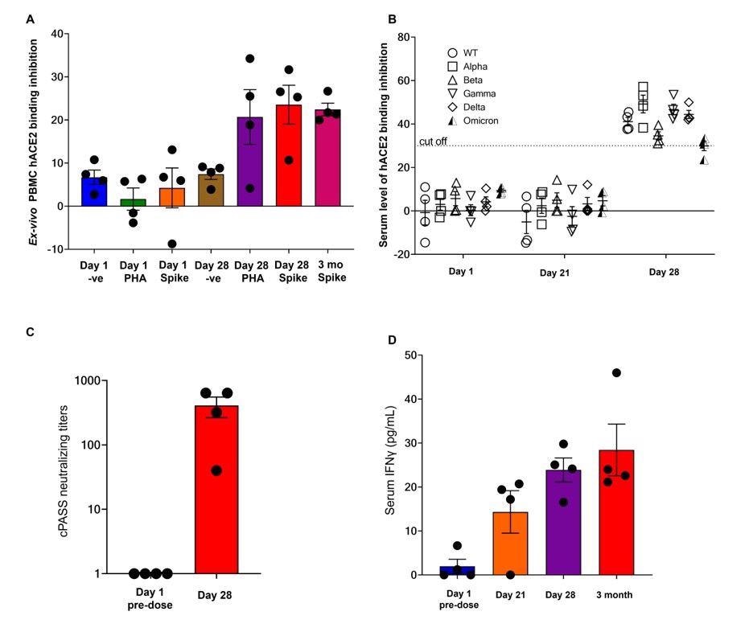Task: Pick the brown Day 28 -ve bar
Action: [211, 190]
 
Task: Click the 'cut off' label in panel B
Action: [432, 142]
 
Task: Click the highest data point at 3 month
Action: [616, 372]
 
